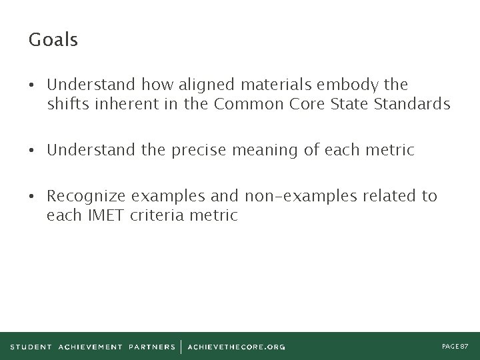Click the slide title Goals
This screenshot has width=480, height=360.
[53, 41]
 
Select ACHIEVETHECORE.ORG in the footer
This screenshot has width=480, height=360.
[237, 346]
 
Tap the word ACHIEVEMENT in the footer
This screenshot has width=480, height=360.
[91, 346]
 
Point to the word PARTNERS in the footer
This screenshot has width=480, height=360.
[152, 346]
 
